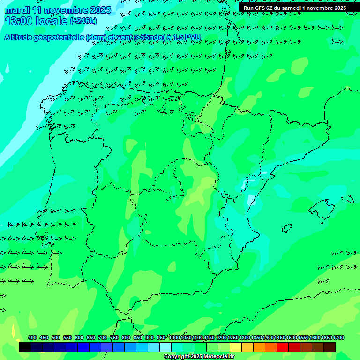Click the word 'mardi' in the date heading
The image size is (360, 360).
coord(16,10)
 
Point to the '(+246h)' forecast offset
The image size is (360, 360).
coord(83,21)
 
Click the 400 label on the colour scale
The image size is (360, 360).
coord(32,337)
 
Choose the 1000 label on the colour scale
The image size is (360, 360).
coord(174,337)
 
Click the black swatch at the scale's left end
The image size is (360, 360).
coord(25,347)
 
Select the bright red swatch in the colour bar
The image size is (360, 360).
coord(283,347)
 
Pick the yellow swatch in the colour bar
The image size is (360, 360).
coord(236,347)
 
